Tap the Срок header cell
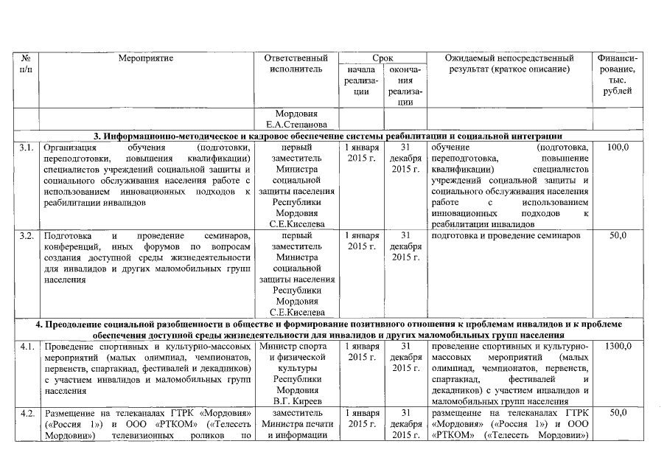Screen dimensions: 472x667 pos(382,57)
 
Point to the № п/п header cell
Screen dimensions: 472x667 pos(27,63)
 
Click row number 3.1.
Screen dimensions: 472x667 pos(27,148)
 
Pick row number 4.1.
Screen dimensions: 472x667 pos(27,346)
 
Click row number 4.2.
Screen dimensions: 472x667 pos(27,413)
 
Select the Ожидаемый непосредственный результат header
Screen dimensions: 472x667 pos(510,63)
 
